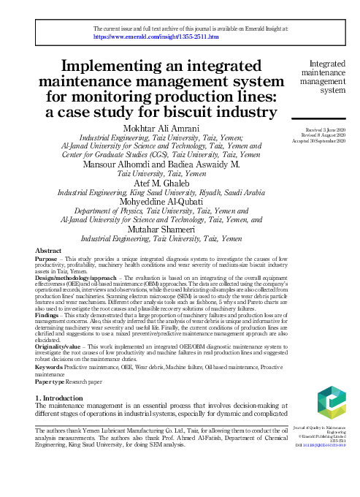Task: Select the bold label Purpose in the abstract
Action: coord(47,259)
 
